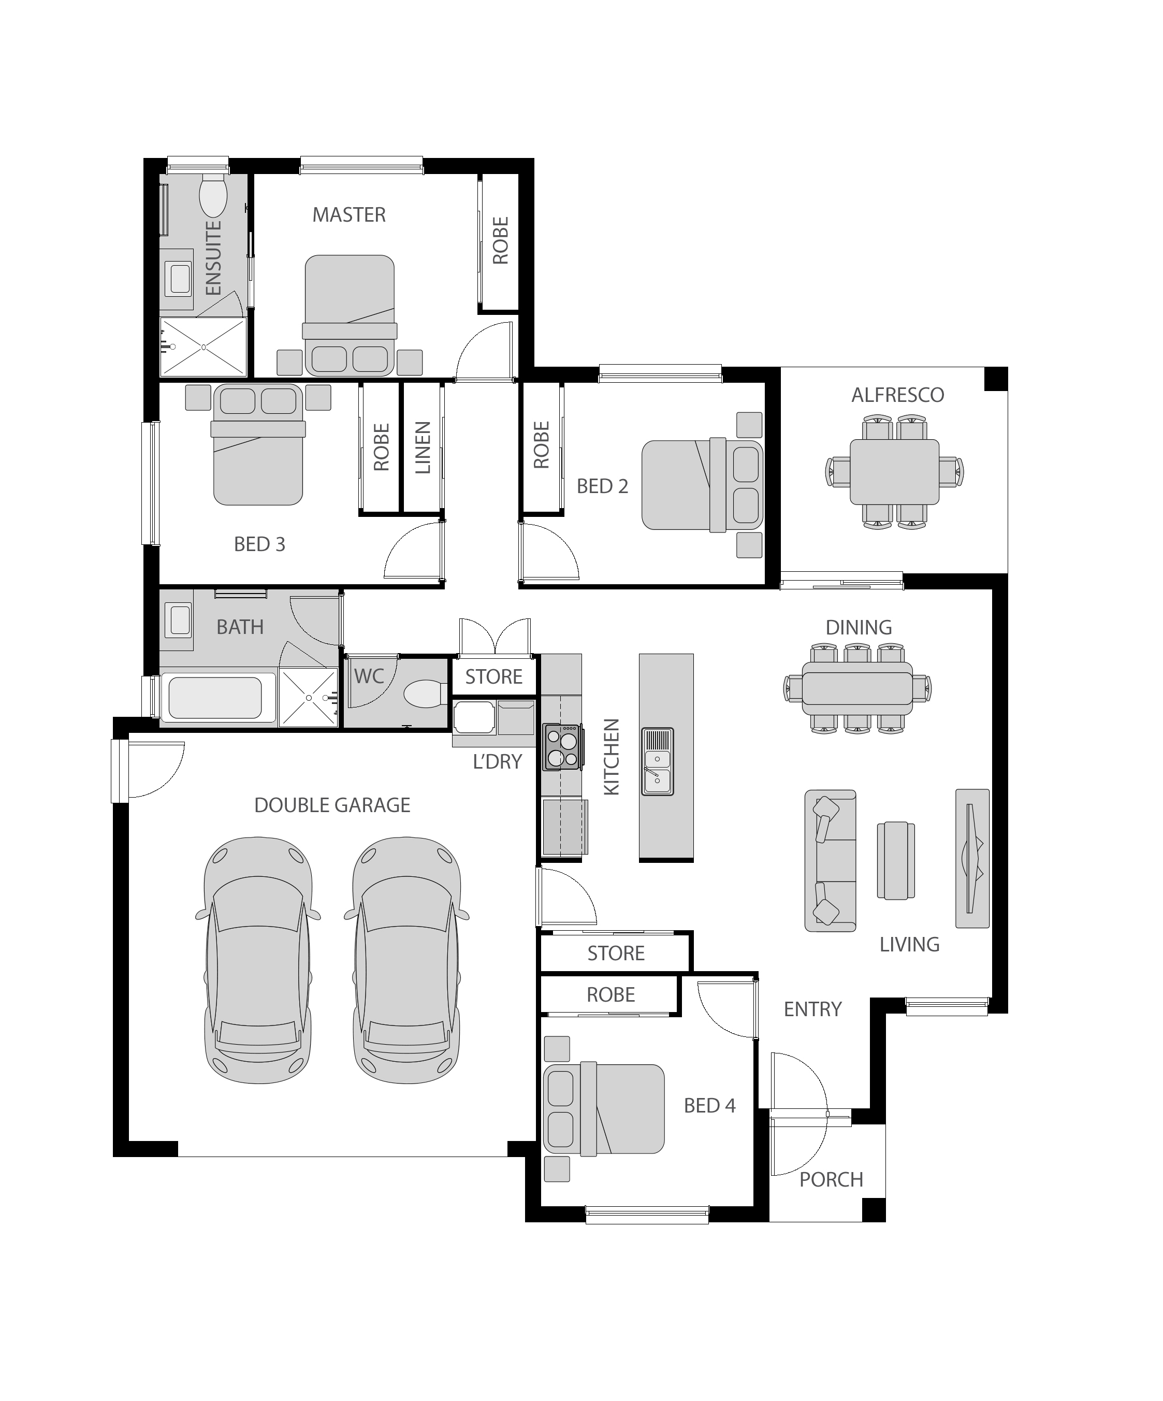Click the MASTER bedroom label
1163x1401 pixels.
pos(349,215)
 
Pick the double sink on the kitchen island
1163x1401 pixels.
pos(658,761)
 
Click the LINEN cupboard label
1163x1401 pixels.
pos(423,447)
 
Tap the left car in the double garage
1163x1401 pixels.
pos(258,961)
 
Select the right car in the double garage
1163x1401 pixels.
pos(406,961)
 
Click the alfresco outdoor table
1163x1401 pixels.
pos(894,472)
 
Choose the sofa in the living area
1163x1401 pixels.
pos(830,861)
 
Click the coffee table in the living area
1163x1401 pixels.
pos(896,861)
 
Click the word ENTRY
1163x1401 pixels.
pos(812,1009)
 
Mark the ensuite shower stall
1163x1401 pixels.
pos(203,347)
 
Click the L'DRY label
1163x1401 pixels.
pos(497,762)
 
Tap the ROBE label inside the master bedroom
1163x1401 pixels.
pos(500,240)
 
